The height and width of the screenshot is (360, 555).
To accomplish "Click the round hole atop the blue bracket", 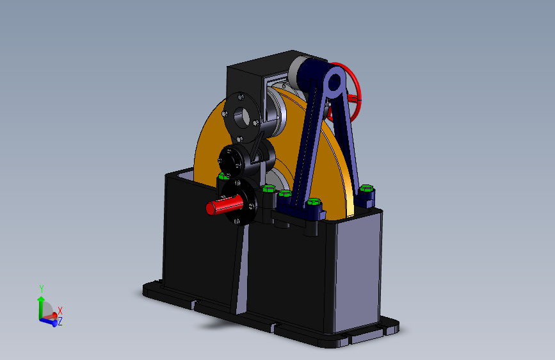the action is pos(334,83).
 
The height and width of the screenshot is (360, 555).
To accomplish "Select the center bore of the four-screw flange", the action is pos(242,118).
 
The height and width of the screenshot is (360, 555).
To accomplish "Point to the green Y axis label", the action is pos(42,289).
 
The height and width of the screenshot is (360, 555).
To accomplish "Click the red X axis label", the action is pos(60,311).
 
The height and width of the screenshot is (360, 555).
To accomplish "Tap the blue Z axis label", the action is pos(60,322).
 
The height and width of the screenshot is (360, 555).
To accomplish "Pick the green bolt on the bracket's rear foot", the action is pos(366,188).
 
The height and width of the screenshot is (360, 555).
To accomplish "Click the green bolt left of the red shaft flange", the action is pos(223,176).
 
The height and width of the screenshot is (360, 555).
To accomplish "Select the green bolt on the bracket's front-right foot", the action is pos(314,202).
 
